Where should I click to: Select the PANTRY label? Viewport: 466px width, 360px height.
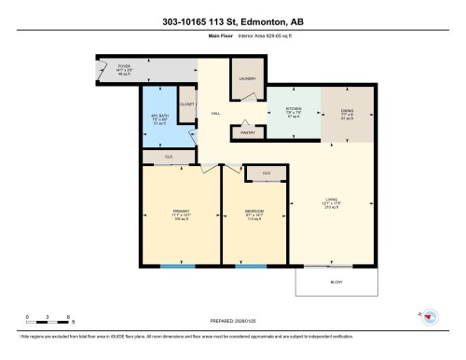[248, 132]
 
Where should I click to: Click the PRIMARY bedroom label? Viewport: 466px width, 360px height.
[181, 212]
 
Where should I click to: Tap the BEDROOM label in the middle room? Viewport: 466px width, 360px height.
[254, 212]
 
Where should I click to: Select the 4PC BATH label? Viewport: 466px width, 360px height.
[159, 117]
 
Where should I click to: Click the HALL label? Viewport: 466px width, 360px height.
[215, 113]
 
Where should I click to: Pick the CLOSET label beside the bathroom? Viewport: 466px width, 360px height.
[185, 104]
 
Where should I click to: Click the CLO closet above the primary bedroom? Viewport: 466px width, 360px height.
[169, 157]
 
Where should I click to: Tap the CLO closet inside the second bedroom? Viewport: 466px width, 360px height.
[266, 173]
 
